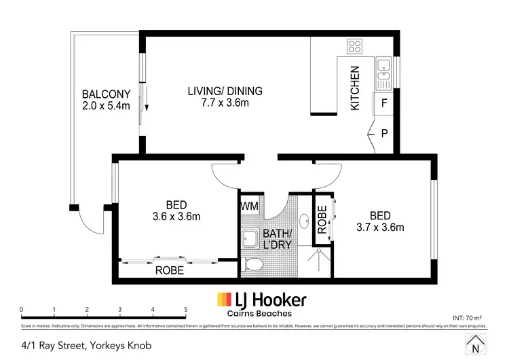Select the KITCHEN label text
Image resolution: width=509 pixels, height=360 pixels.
[354, 88]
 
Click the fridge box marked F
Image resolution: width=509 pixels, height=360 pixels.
[384, 103]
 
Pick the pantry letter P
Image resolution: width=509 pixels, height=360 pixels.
[384, 133]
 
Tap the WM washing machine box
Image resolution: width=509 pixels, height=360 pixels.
[249, 204]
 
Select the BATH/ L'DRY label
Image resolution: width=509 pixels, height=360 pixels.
[280, 238]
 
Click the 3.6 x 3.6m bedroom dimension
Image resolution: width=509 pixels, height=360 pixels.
[176, 217]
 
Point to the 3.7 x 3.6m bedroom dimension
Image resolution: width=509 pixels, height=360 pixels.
[379, 227]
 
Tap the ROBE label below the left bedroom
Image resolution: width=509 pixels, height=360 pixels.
[170, 270]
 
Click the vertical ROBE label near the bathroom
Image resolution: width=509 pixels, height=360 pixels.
[322, 220]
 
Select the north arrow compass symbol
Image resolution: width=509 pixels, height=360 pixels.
[474, 344]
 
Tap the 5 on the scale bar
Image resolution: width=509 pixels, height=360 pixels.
[185, 310]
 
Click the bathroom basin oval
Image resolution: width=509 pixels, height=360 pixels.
[304, 220]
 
